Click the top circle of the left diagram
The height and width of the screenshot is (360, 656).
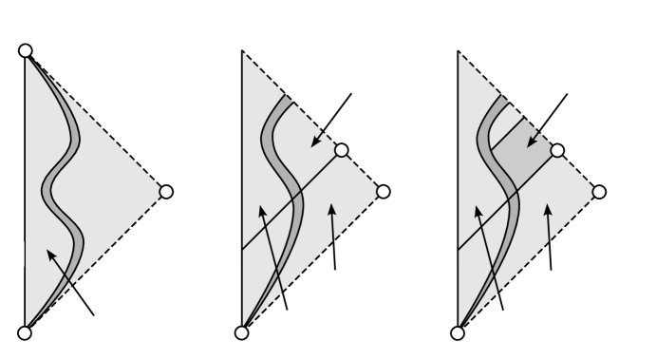tap(26, 49)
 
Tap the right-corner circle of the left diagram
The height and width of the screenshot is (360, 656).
tap(166, 191)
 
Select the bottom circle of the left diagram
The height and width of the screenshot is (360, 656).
tap(26, 332)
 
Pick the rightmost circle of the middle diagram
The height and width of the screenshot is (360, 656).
tap(384, 191)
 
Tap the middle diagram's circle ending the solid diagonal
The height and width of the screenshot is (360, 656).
tap(342, 149)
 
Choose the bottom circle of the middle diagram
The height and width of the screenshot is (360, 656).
tap(242, 332)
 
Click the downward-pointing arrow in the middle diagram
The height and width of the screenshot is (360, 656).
tap(332, 119)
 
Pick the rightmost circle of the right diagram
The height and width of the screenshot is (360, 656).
tap(599, 191)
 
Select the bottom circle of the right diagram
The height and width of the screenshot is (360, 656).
tap(458, 332)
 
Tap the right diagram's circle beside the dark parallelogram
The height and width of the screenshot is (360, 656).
tap(557, 149)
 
